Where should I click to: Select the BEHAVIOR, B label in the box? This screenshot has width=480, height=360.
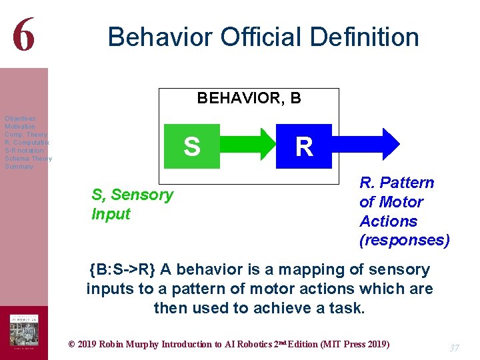coord(249,99)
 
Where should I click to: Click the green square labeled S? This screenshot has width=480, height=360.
coord(191,146)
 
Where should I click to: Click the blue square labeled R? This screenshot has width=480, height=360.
coord(304,146)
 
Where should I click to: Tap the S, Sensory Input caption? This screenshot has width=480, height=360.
coord(132,204)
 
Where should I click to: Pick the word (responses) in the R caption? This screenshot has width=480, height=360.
coord(404,240)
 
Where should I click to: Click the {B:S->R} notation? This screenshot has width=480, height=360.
coord(122,270)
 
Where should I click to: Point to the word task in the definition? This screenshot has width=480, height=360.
coord(348,308)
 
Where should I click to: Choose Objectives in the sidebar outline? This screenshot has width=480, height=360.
coord(20,119)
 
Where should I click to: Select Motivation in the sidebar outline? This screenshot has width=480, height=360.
coord(20,127)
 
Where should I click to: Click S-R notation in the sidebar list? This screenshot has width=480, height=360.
coord(23,151)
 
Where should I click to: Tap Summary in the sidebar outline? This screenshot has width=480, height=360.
coord(19,167)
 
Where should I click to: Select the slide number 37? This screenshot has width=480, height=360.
coord(455,348)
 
